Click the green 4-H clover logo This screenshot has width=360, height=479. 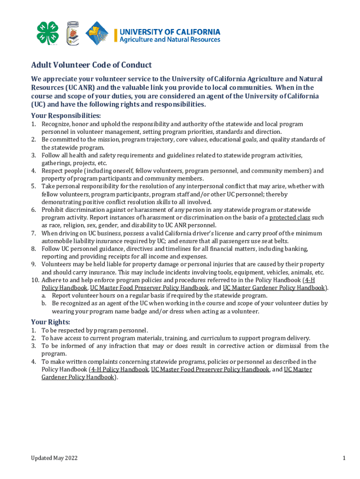point(48,34)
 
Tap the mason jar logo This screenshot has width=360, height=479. point(72,34)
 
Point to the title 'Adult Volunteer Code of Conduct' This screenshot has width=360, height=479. point(91,65)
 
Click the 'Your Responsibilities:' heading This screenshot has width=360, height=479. point(66,115)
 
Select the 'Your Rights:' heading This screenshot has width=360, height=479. point(50,322)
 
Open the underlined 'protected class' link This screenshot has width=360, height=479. point(289,218)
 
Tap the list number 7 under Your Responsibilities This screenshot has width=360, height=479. point(34,233)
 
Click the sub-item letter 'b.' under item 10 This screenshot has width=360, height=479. point(43,303)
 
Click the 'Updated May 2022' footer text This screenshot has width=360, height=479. point(54,458)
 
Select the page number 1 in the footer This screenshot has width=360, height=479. point(344,458)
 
